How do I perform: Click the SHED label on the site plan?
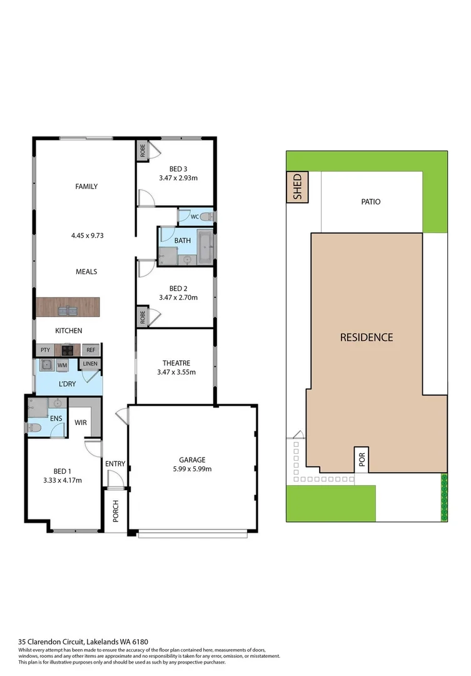(x=298, y=187)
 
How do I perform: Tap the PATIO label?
(x=370, y=202)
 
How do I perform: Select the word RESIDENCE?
(x=367, y=337)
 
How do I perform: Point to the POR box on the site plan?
(x=362, y=461)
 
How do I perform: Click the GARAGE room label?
(x=192, y=459)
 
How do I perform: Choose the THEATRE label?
(x=176, y=363)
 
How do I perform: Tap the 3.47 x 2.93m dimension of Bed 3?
(x=178, y=178)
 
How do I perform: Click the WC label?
(x=195, y=217)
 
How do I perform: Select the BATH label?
(x=182, y=240)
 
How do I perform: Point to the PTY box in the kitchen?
(x=45, y=351)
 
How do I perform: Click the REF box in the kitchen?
(x=91, y=351)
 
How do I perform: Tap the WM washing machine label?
(x=62, y=365)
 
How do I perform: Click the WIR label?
(x=80, y=422)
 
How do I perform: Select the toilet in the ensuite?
(x=34, y=429)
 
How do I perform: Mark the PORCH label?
(x=116, y=512)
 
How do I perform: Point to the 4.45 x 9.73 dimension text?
(x=86, y=236)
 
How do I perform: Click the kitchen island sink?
(x=68, y=310)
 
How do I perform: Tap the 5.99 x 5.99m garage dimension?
(x=192, y=469)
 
